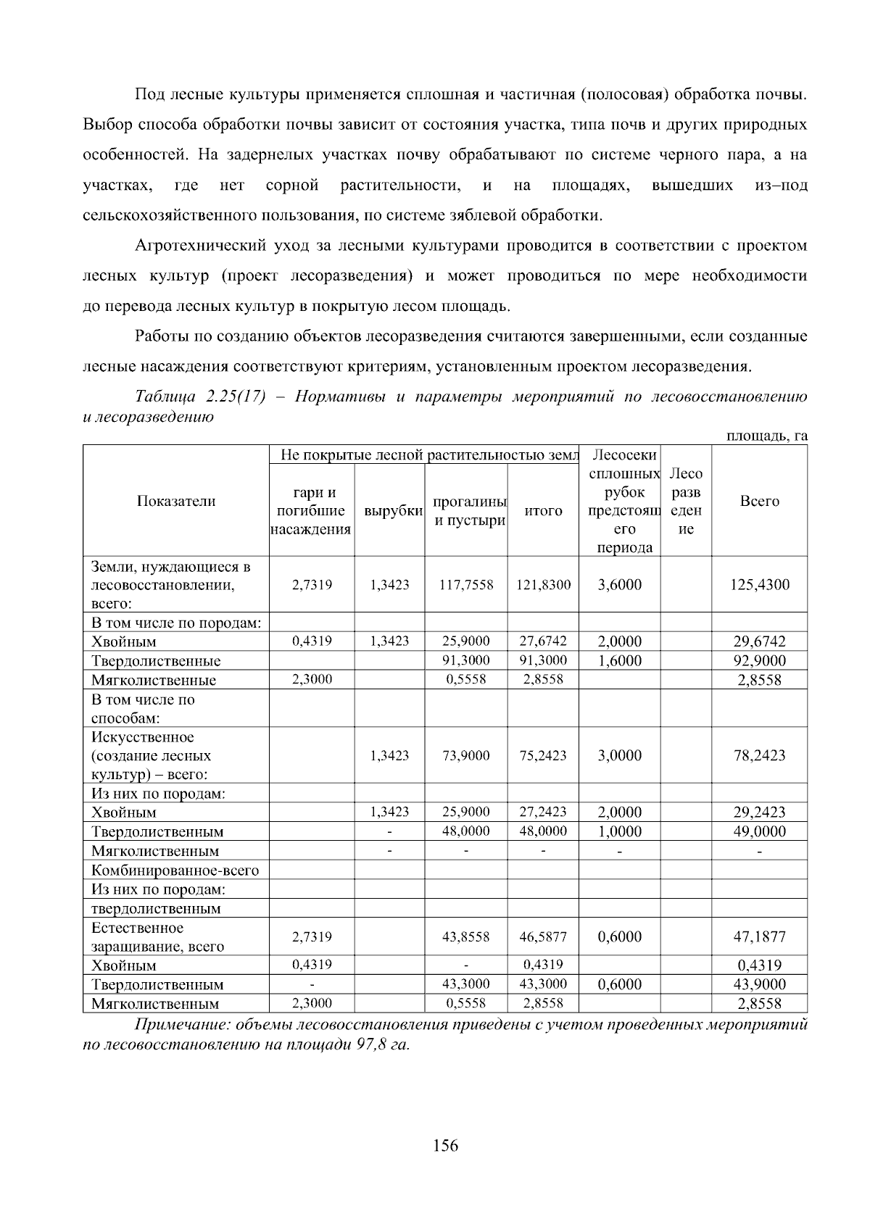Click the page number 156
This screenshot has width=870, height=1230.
(445, 1146)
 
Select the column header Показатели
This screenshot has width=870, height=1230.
(176, 501)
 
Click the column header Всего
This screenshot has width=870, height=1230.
(759, 501)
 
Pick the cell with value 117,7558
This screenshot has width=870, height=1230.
(466, 585)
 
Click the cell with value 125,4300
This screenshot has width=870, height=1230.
(759, 585)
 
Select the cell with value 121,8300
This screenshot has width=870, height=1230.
(543, 585)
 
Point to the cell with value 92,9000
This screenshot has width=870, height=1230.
(759, 661)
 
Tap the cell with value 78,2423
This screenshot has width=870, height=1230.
(759, 755)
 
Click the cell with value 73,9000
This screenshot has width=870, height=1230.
(466, 755)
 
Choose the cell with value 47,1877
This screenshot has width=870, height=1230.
(759, 936)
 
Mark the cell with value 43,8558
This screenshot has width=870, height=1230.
(466, 936)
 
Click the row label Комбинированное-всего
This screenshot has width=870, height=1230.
(175, 870)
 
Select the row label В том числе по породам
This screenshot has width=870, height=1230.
(176, 623)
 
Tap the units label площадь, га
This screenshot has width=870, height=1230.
(767, 436)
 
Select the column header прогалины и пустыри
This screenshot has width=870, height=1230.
(468, 511)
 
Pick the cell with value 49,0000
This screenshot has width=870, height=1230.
(759, 831)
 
